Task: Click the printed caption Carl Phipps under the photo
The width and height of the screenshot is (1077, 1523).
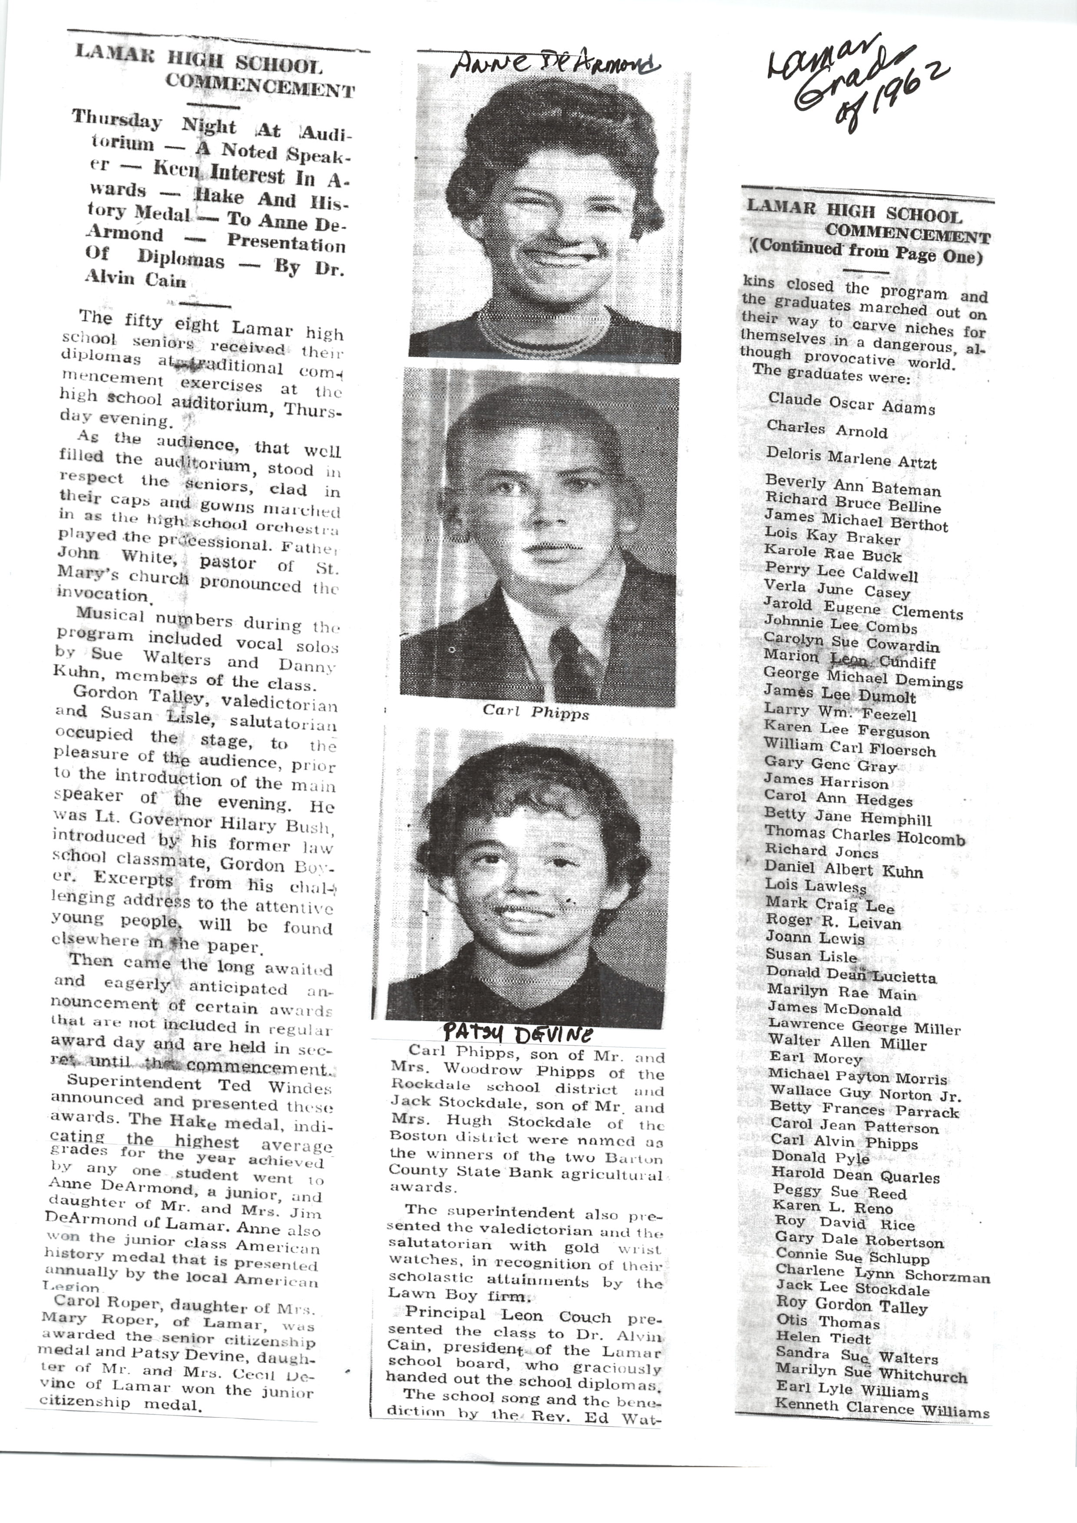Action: point(536,713)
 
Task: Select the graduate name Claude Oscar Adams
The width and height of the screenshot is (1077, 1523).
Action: point(851,403)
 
